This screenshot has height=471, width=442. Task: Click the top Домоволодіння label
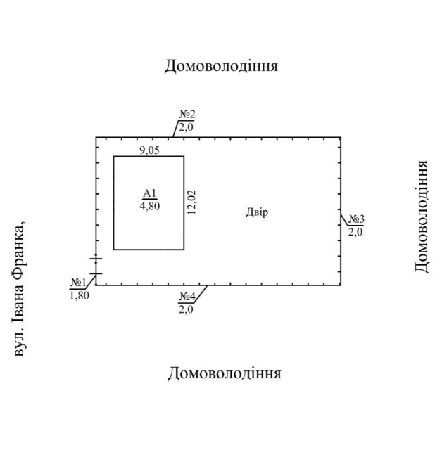pyautogui.click(x=221, y=66)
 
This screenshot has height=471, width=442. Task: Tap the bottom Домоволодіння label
pyautogui.click(x=224, y=373)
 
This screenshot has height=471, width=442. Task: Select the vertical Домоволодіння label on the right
pyautogui.click(x=421, y=217)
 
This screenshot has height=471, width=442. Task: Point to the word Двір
pyautogui.click(x=257, y=212)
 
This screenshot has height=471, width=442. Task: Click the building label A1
pyautogui.click(x=149, y=194)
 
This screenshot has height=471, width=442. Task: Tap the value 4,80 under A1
pyautogui.click(x=149, y=206)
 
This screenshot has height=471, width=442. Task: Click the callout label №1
pyautogui.click(x=77, y=283)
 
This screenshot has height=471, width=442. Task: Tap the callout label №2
pyautogui.click(x=187, y=115)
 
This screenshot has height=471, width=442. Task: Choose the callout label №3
pyautogui.click(x=357, y=219)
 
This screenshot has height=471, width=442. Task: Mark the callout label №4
pyautogui.click(x=187, y=297)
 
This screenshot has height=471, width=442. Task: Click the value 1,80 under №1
pyautogui.click(x=79, y=295)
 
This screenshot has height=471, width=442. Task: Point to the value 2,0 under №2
pyautogui.click(x=186, y=127)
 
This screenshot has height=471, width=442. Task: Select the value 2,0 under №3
pyautogui.click(x=355, y=231)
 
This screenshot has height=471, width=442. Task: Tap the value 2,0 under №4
pyautogui.click(x=186, y=309)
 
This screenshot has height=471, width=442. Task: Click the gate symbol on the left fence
pyautogui.click(x=96, y=266)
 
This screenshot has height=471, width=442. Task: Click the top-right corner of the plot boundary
pyautogui.click(x=341, y=137)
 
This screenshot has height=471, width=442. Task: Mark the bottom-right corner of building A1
pyautogui.click(x=184, y=250)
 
